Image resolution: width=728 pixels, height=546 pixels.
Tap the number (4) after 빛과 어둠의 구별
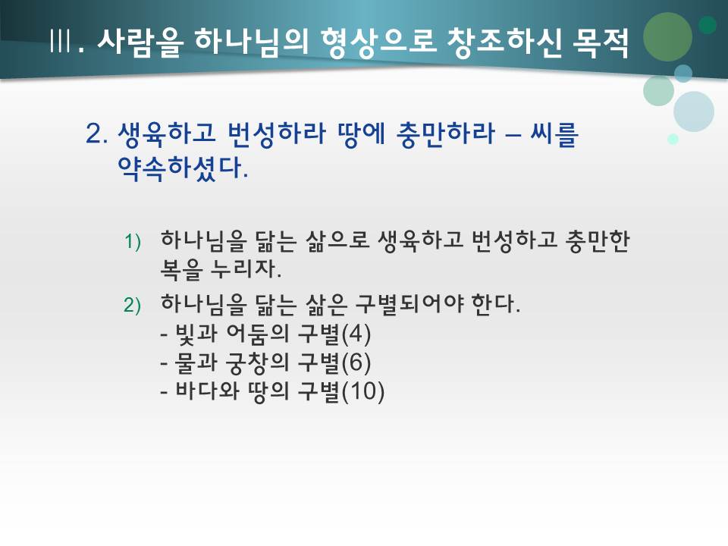356,334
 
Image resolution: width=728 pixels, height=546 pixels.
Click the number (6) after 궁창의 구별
356,363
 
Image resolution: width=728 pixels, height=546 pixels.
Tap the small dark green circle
707,25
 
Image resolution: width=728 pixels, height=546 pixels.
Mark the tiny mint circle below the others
673,139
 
